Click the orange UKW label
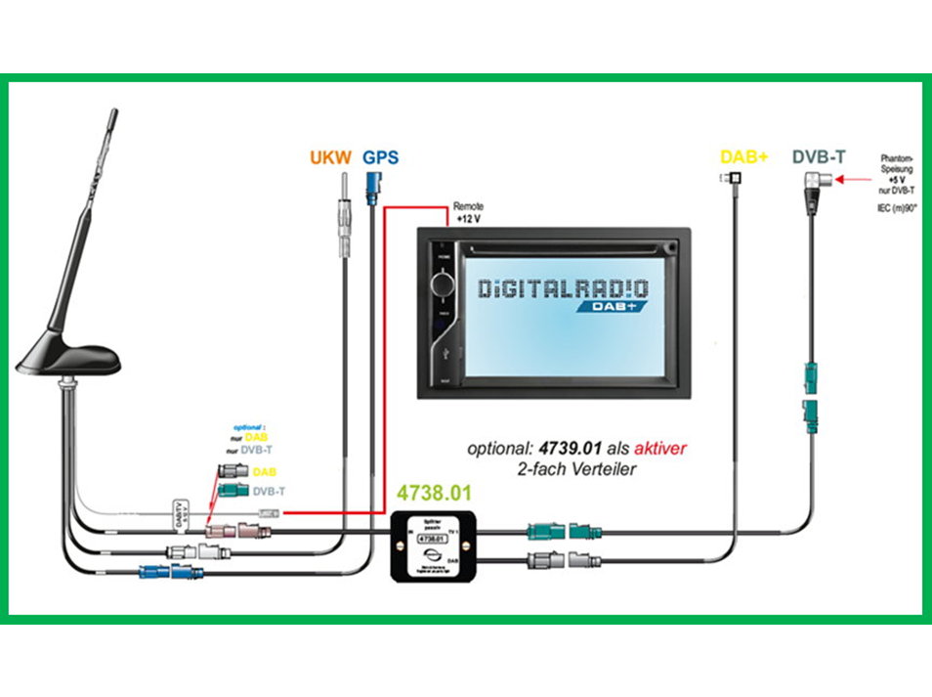click(x=329, y=157)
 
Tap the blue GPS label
click(x=380, y=157)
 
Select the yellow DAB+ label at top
click(x=743, y=156)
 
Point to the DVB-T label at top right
click(x=818, y=156)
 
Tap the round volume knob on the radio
click(x=443, y=284)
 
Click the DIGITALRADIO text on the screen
click(x=563, y=287)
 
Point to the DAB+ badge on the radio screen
click(x=618, y=305)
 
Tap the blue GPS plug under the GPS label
click(x=374, y=186)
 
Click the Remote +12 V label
click(x=468, y=213)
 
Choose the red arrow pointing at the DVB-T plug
click(x=852, y=180)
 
